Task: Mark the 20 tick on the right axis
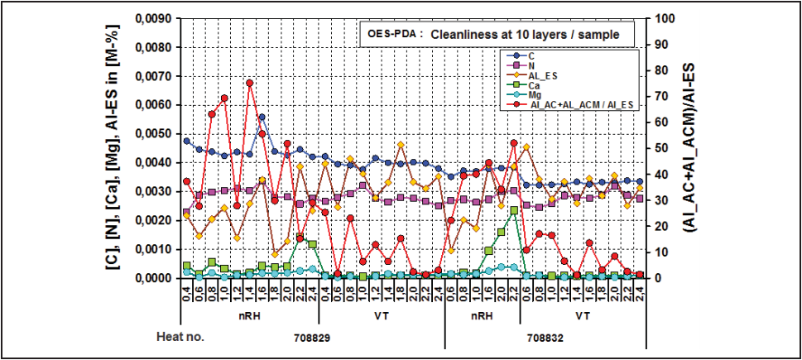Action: [659, 226]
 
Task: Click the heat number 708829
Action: [315, 338]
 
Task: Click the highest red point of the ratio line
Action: [249, 83]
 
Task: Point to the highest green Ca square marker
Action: [514, 210]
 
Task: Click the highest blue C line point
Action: [262, 118]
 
